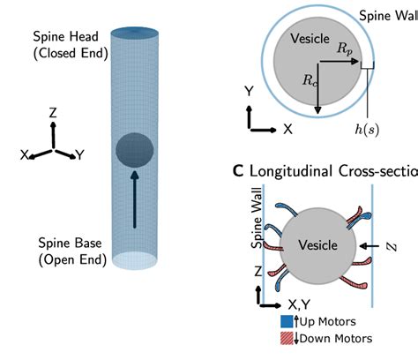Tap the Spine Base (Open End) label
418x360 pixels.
click(71, 251)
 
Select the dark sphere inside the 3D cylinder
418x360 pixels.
click(134, 148)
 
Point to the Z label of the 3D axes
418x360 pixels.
click(53, 114)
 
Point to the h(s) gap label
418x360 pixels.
click(366, 129)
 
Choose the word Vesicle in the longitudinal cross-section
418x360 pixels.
click(318, 244)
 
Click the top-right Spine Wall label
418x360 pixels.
click(388, 15)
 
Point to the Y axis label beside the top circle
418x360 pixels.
click(250, 91)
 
